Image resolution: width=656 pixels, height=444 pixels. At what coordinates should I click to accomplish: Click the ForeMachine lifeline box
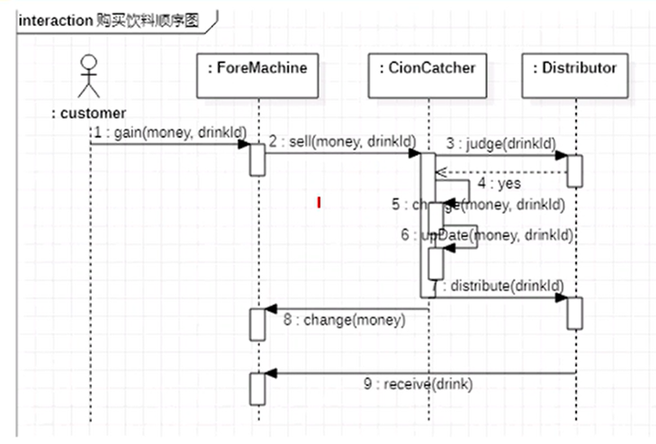pos(257,75)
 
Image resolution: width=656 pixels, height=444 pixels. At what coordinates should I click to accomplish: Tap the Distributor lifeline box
pos(575,75)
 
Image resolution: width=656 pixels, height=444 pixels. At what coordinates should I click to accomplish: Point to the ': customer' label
pos(89,114)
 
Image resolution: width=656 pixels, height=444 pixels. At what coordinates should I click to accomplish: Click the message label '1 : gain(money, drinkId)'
pos(169,132)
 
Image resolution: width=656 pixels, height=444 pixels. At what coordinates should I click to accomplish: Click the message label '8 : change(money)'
pos(343,320)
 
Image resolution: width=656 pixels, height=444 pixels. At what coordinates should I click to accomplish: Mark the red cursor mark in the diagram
pos(319,202)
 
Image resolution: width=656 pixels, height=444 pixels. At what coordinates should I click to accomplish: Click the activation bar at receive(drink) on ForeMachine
pos(257,389)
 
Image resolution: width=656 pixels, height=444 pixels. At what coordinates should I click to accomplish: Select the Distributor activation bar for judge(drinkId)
pos(575,171)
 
